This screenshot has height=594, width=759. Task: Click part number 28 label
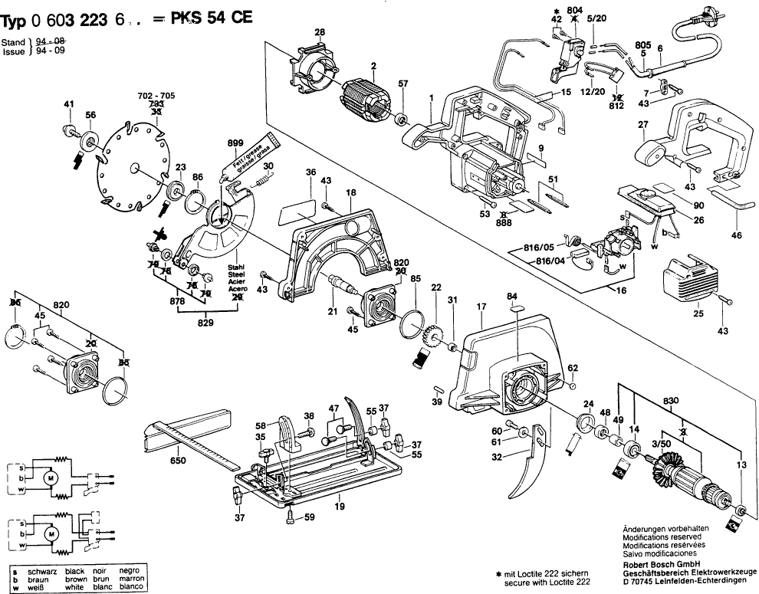coord(320,31)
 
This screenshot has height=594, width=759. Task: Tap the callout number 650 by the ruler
coord(178,461)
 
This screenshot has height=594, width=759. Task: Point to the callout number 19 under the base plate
coord(339,506)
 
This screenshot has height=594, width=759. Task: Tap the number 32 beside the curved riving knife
coord(497,457)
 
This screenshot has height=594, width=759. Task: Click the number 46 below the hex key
coord(737,235)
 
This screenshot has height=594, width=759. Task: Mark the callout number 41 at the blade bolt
coord(69,104)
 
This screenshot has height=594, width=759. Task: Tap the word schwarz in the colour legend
coord(42,572)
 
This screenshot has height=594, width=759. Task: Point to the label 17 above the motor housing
coord(482,307)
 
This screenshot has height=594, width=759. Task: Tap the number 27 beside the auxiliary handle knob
coord(643,124)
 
